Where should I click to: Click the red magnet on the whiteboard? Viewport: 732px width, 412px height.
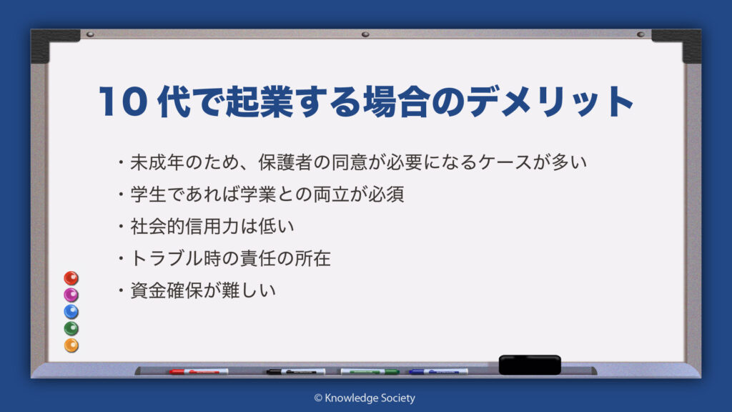pyautogui.click(x=71, y=278)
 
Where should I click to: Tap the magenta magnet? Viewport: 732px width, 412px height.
pyautogui.click(x=71, y=295)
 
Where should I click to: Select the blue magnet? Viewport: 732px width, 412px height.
pyautogui.click(x=71, y=312)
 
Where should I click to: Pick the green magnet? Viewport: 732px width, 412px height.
pyautogui.click(x=71, y=328)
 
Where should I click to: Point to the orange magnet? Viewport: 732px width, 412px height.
pyautogui.click(x=71, y=345)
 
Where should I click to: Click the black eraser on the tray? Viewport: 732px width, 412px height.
pyautogui.click(x=530, y=365)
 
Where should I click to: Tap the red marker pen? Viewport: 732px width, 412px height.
pyautogui.click(x=199, y=372)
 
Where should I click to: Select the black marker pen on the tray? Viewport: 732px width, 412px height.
pyautogui.click(x=296, y=372)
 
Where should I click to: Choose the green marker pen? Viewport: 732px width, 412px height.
pyautogui.click(x=370, y=372)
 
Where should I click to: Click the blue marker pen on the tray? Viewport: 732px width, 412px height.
pyautogui.click(x=438, y=372)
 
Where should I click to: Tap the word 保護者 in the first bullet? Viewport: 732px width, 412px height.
pyautogui.click(x=285, y=162)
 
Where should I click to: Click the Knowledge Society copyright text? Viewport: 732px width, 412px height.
pyautogui.click(x=365, y=398)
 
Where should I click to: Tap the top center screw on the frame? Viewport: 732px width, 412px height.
pyautogui.click(x=365, y=34)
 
